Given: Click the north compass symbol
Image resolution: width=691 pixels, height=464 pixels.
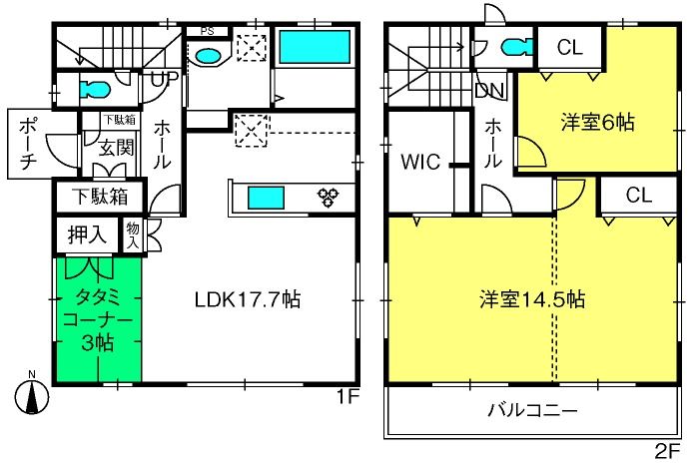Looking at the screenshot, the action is pyautogui.click(x=32, y=395).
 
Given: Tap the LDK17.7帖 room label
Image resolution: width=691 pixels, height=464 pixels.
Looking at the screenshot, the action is pyautogui.click(x=248, y=300).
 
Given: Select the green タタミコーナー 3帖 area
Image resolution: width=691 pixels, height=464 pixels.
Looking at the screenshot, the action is pyautogui.click(x=98, y=319).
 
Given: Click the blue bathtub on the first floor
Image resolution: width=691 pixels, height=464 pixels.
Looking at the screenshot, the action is pyautogui.click(x=315, y=46).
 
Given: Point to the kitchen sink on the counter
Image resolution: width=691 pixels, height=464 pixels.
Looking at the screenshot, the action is pyautogui.click(x=266, y=198).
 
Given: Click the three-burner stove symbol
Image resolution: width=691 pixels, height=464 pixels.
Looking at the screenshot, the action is pyautogui.click(x=329, y=197).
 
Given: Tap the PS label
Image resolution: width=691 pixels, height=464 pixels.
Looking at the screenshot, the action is pyautogui.click(x=207, y=31).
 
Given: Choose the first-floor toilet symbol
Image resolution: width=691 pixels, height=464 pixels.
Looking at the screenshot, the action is pyautogui.click(x=95, y=90).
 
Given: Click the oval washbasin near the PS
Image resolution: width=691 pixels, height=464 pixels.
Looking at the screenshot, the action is pyautogui.click(x=208, y=56).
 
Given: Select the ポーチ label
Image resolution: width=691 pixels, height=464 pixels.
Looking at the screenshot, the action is pyautogui.click(x=28, y=144).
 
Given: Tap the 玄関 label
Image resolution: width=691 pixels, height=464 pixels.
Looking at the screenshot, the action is pyautogui.click(x=116, y=148).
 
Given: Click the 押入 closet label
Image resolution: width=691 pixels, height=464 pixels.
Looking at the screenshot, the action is pyautogui.click(x=87, y=235).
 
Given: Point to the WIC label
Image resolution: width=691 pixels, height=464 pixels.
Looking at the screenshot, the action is pyautogui.click(x=420, y=162).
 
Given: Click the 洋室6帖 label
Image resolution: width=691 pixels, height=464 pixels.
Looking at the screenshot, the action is pyautogui.click(x=597, y=122).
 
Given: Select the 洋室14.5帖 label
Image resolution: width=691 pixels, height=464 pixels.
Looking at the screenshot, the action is pyautogui.click(x=532, y=299).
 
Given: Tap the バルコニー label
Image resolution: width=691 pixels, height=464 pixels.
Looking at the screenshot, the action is pyautogui.click(x=532, y=410).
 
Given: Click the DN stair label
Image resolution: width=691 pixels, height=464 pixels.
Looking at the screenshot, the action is pyautogui.click(x=489, y=91).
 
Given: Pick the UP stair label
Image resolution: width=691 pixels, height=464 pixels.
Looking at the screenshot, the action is pyautogui.click(x=165, y=79).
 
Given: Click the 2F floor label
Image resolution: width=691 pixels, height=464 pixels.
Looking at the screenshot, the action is pyautogui.click(x=668, y=451).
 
